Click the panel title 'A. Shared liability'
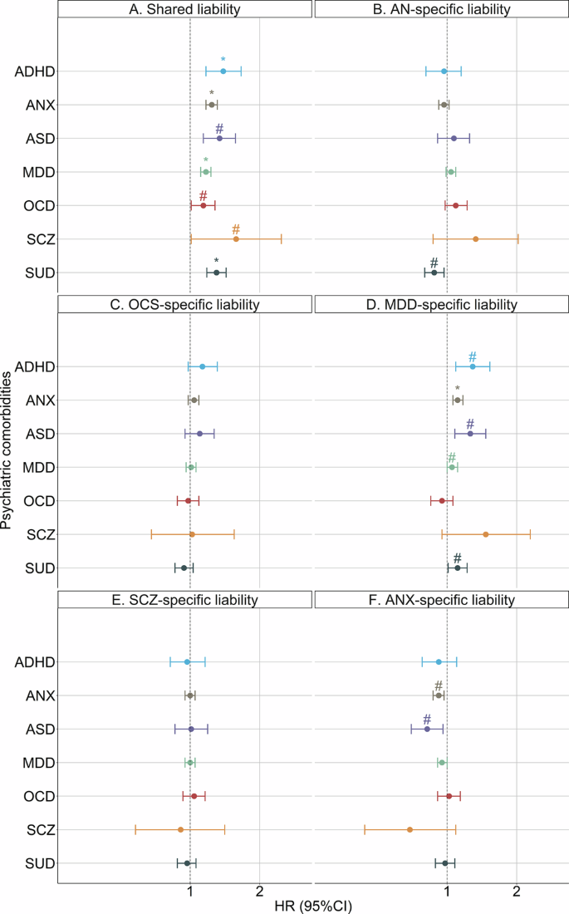coord(185,10)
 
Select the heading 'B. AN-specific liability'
coord(441,10)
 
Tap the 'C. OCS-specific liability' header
coord(185,305)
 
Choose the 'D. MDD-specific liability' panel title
coord(441,305)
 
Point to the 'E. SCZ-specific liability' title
coord(185,600)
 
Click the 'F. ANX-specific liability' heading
coord(441,600)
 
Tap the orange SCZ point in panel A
coord(236,239)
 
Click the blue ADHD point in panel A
coord(223,71)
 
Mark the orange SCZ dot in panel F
coord(410,829)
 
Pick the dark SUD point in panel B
coord(434,273)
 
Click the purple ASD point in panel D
coord(470,434)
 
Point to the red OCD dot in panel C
coord(188,501)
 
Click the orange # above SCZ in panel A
coord(236,229)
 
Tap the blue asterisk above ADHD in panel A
coord(223,61)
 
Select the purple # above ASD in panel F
coord(427,720)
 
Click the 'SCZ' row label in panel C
coord(41,535)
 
